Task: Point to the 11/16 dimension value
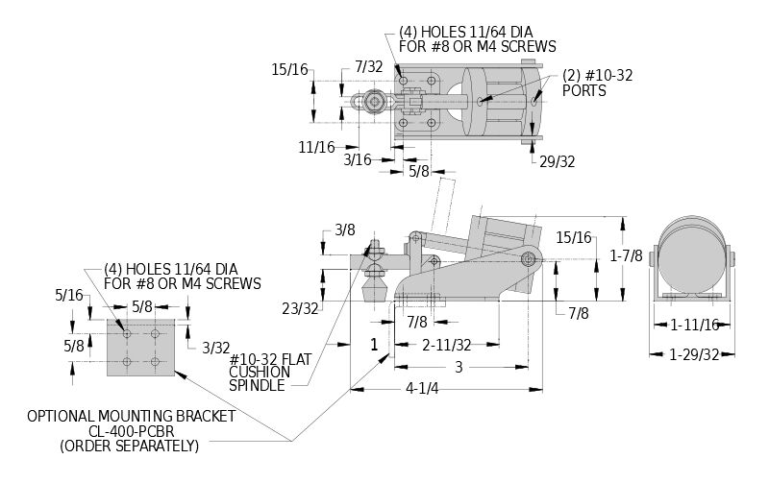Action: [317, 147]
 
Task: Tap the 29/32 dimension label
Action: [557, 161]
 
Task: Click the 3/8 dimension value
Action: [345, 230]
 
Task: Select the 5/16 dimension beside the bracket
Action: [69, 297]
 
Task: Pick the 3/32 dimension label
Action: [215, 347]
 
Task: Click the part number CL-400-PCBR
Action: [130, 431]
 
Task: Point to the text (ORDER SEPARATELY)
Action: [130, 446]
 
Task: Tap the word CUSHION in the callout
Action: [257, 372]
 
